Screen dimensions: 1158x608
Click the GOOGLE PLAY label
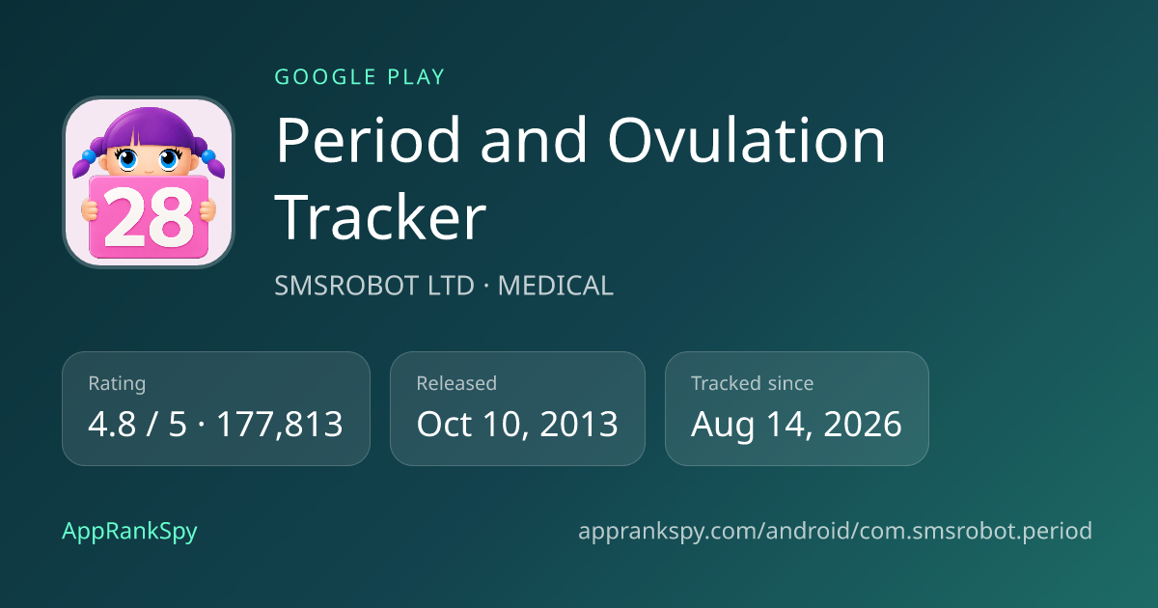coord(359,77)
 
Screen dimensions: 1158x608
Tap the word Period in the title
coord(368,140)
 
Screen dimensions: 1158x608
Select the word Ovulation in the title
coord(747,140)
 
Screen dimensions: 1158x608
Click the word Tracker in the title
coord(380,216)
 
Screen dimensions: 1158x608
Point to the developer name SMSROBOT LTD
coord(374,286)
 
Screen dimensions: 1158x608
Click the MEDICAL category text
coord(555,286)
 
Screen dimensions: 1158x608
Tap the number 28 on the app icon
coord(149,217)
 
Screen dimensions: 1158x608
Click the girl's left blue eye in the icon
coord(127,158)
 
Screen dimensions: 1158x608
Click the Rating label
coord(117,384)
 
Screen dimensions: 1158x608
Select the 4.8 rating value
coord(112,425)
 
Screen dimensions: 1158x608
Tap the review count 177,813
coord(280,425)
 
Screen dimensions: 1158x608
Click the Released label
coord(456,384)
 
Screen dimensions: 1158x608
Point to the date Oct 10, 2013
coord(517,425)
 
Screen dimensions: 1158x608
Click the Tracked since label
coord(752,384)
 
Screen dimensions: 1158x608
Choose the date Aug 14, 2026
coord(796,425)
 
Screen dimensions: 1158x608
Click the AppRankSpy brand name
coord(129,531)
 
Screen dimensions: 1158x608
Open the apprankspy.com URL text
coord(835,531)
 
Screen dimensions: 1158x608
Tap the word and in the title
coord(534,140)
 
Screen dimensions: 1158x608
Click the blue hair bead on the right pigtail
coord(208,155)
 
